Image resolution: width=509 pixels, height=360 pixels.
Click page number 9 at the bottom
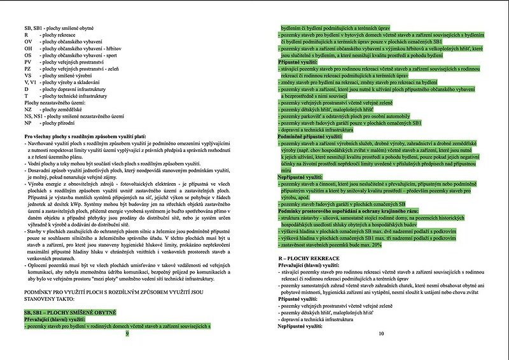(128, 333)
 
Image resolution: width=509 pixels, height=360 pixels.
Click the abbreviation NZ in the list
(27, 109)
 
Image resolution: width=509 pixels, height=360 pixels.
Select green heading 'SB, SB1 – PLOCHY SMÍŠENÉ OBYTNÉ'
(70, 313)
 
